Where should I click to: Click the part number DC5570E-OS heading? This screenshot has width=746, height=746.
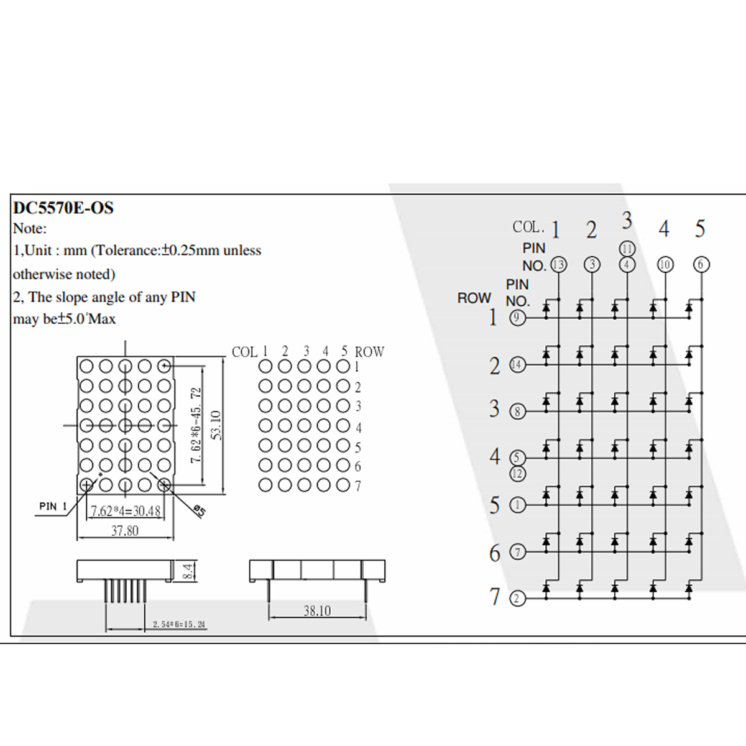(x=63, y=208)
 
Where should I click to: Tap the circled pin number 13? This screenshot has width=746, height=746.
(x=558, y=265)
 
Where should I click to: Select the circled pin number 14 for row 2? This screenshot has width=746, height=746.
(x=517, y=365)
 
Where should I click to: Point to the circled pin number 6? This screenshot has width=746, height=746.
(x=701, y=265)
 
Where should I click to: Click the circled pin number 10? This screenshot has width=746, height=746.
(x=665, y=265)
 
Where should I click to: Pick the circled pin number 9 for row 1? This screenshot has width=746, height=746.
(x=517, y=318)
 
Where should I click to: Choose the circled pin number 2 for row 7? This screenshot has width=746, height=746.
(x=517, y=599)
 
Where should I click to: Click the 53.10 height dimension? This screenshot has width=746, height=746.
(x=216, y=425)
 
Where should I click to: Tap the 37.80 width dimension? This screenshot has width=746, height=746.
(x=125, y=531)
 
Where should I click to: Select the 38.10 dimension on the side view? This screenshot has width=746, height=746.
(x=317, y=611)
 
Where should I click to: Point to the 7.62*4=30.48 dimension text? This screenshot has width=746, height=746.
(x=126, y=511)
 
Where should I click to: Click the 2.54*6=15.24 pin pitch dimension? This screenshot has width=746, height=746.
(x=179, y=624)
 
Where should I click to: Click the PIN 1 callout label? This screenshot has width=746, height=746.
(x=53, y=507)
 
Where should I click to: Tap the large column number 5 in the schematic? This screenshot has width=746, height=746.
(x=700, y=229)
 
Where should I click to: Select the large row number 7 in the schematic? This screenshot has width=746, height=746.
(x=495, y=597)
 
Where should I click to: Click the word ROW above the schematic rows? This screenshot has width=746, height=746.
(x=474, y=298)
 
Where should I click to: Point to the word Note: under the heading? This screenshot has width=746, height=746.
(x=30, y=229)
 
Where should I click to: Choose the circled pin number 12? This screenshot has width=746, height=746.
(x=517, y=474)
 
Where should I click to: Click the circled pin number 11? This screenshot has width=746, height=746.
(x=627, y=249)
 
